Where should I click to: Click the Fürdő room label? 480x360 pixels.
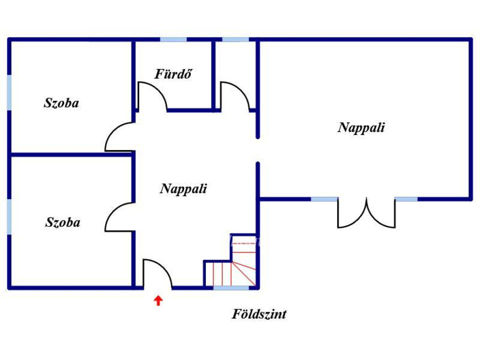click(x=173, y=74)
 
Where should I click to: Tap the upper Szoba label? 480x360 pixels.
click(x=61, y=103)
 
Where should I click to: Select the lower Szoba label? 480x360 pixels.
click(x=63, y=222)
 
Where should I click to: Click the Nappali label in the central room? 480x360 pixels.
click(x=183, y=189)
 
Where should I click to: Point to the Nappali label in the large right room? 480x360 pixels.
click(x=361, y=127)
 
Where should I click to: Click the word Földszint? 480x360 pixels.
click(x=259, y=314)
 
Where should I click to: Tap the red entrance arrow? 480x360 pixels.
click(x=158, y=300)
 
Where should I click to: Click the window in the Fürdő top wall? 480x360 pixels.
click(x=173, y=39)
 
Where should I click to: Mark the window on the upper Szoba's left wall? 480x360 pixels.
click(x=9, y=92)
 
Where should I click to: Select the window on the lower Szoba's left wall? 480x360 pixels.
click(x=9, y=217)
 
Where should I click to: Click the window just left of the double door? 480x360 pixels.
click(x=324, y=199)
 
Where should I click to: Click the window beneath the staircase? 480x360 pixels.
click(x=231, y=288)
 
